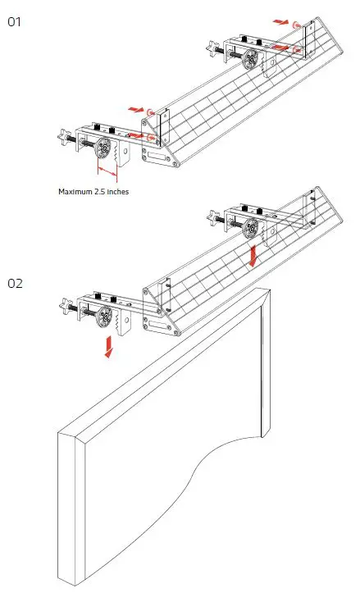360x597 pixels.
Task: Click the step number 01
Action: point(14,22)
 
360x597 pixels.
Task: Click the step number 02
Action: point(15,284)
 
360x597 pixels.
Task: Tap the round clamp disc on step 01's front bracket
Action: point(105,148)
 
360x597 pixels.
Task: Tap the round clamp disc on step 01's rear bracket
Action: point(251,58)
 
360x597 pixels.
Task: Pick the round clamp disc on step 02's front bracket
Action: point(105,316)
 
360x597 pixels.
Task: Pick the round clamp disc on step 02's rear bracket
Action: point(251,227)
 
